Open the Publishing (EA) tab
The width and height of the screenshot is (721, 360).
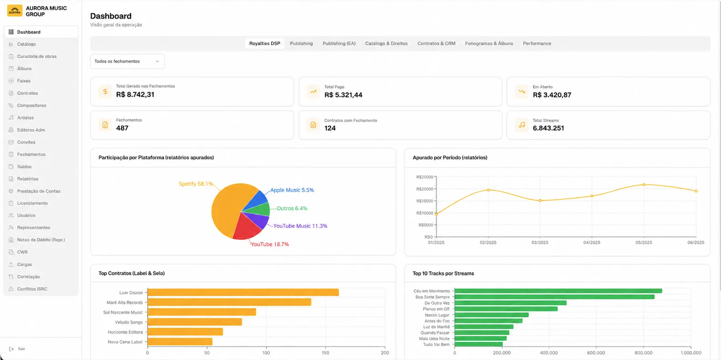(x=339, y=43)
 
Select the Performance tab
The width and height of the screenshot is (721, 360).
(x=537, y=43)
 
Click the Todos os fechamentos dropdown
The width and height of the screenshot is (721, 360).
(x=128, y=61)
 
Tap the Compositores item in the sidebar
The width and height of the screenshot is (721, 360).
(x=31, y=105)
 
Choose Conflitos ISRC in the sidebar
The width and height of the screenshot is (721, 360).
(x=32, y=289)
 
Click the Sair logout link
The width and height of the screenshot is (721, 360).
(x=21, y=349)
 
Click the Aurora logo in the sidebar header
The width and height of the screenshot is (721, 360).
(x=15, y=10)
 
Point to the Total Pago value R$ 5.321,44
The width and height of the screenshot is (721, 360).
(x=343, y=95)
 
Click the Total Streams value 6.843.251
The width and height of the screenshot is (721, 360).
(x=548, y=128)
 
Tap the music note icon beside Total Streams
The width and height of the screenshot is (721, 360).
(x=522, y=125)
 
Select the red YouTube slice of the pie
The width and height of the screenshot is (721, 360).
(x=246, y=227)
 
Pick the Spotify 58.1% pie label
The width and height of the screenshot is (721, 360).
(x=196, y=184)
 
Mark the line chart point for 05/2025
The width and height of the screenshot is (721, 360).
(x=644, y=185)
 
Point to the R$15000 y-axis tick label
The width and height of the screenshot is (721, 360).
(x=425, y=201)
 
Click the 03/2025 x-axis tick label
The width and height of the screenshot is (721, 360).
(x=540, y=242)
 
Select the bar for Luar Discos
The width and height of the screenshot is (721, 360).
(x=243, y=292)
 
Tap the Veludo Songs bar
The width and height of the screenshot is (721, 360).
(x=195, y=322)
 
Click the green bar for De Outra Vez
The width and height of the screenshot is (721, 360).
(x=510, y=303)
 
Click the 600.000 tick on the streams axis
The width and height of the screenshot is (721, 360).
(x=596, y=353)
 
